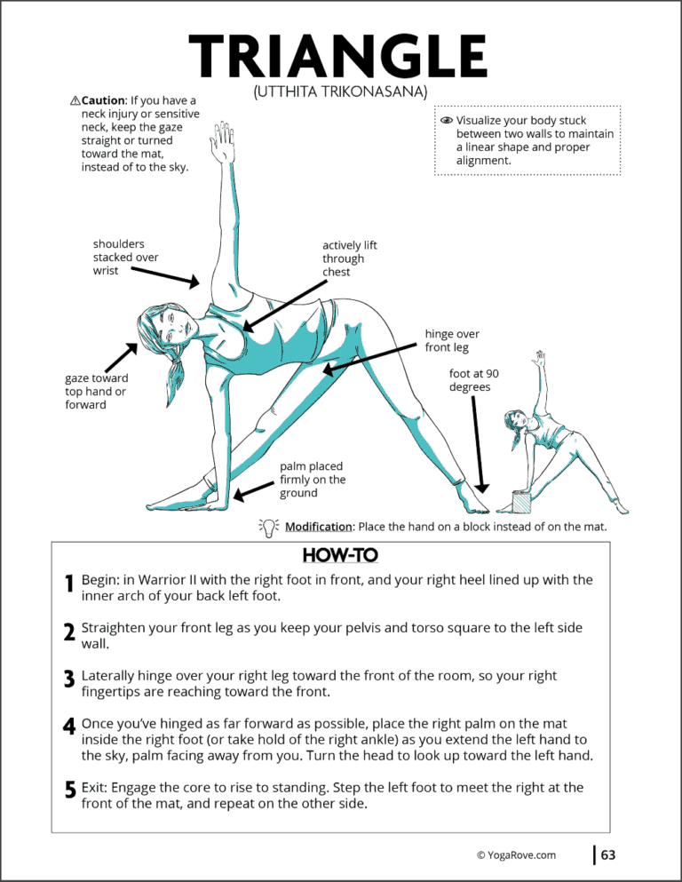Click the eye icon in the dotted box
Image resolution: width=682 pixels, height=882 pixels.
(x=446, y=120)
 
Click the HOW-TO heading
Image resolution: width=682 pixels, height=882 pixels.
(x=340, y=555)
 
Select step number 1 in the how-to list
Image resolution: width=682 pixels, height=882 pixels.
(x=68, y=584)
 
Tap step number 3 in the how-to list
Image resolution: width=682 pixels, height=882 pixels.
(x=68, y=679)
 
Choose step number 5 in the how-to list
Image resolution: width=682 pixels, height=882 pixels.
(x=68, y=788)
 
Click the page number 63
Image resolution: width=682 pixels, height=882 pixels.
(x=608, y=855)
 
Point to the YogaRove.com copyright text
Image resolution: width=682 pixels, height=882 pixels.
(x=516, y=855)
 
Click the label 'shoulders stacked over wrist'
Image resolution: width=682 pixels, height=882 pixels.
(x=125, y=257)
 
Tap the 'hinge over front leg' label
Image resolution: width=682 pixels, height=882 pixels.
(x=452, y=340)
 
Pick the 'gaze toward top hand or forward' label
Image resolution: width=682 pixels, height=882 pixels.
(x=96, y=391)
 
